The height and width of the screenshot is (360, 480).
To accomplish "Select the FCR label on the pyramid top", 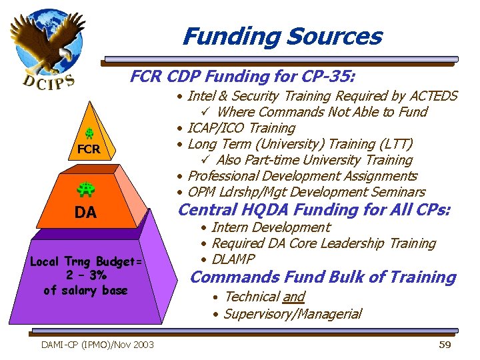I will coord(89,149).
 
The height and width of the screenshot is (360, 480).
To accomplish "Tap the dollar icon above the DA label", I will coord(87,190).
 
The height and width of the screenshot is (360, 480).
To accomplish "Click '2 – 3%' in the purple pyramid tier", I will coord(85,275).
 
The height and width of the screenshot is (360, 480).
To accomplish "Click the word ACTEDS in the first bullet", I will coord(431,96).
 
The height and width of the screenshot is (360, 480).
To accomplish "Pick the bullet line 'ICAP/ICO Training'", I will coord(241,128).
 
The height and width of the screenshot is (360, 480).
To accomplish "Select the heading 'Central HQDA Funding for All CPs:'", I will coord(314,210).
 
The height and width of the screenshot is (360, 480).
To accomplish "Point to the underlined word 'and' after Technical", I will coord(293,297).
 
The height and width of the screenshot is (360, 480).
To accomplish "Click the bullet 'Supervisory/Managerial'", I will coord(292,313).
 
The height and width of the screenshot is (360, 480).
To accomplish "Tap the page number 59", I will coord(445,345).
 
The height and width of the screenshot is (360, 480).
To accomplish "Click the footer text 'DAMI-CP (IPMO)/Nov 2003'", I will coord(97,345).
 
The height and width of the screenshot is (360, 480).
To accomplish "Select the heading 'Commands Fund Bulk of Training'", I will coord(323,277).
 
